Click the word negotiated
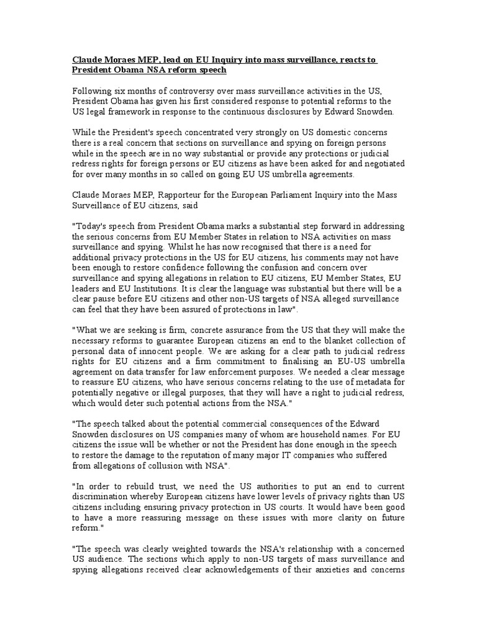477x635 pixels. [380, 163]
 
